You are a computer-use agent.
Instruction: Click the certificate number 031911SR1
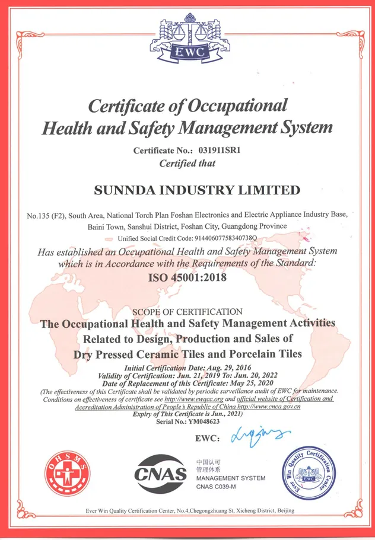[x=215, y=151]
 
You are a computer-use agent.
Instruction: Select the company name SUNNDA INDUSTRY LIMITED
[x=197, y=190]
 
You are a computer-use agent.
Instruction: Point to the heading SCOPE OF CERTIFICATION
[x=187, y=312]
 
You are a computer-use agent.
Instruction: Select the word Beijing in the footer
[x=282, y=511]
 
